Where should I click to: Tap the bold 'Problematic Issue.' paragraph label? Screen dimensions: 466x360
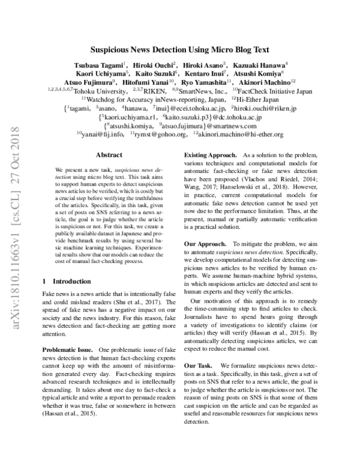tap(67, 349)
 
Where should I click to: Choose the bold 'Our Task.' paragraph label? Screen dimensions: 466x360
tap(200, 366)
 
